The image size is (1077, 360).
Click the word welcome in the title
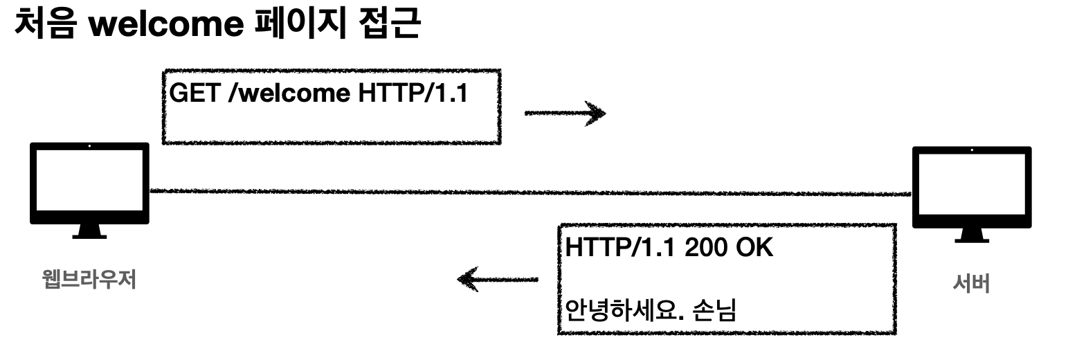pos(171,26)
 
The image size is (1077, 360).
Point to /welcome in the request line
pos(290,93)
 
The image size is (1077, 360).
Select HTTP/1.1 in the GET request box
pos(413,93)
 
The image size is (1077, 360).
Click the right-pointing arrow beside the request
pos(565,113)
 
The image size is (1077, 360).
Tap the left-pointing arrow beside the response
pos(497,280)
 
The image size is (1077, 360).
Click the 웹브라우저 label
pos(89,280)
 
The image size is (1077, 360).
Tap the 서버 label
pos(971,283)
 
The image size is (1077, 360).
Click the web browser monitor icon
pos(89,183)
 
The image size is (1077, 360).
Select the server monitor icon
pos(971,187)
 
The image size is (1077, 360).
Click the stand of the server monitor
pos(971,235)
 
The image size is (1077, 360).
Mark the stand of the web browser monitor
pos(89,231)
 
